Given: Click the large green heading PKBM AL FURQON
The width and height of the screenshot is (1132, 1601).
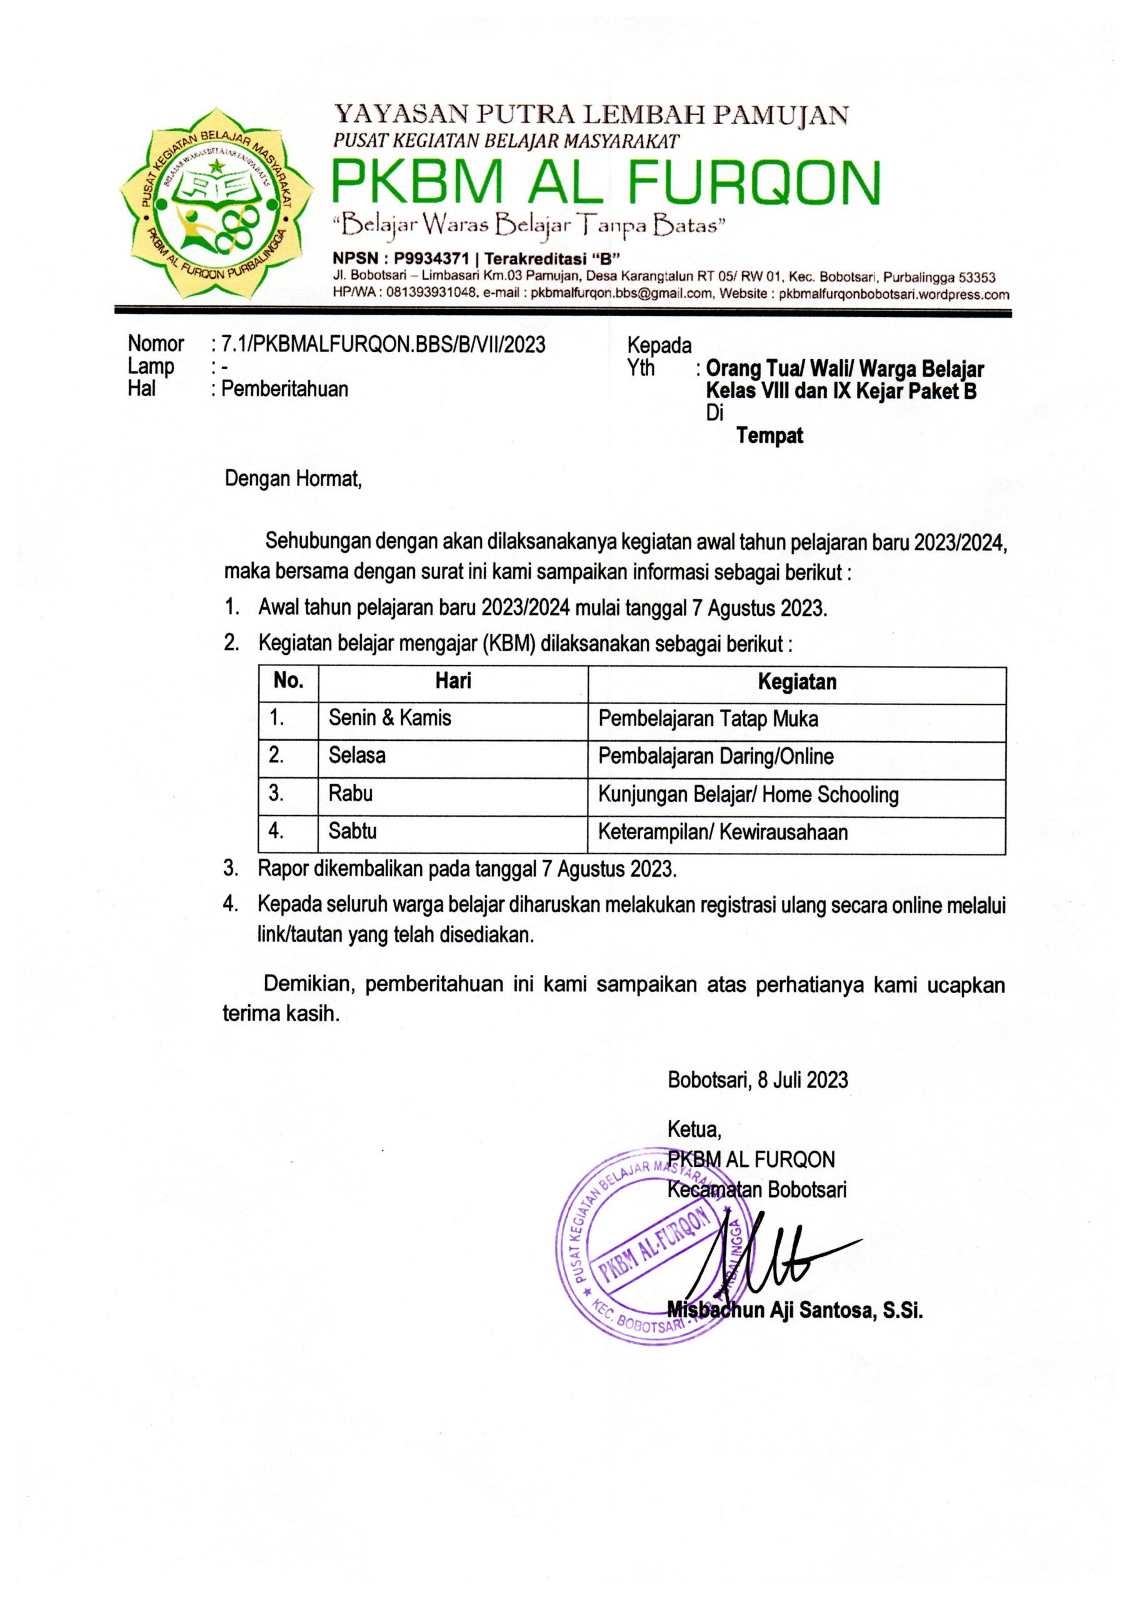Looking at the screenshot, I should pyautogui.click(x=605, y=182).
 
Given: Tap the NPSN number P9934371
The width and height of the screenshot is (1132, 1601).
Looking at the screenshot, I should pyautogui.click(x=434, y=259).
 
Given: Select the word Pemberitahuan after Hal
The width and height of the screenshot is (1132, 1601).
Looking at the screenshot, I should pyautogui.click(x=284, y=388).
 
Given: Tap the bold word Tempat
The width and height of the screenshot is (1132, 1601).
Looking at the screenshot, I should pyautogui.click(x=769, y=436).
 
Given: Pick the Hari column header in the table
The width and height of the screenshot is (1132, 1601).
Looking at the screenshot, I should pyautogui.click(x=453, y=680).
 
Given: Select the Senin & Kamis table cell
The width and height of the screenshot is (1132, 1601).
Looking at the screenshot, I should pyautogui.click(x=389, y=717).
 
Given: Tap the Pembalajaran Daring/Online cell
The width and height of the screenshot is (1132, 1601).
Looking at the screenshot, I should pyautogui.click(x=716, y=756).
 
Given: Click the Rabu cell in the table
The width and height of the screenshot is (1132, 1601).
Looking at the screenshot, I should pyautogui.click(x=351, y=794).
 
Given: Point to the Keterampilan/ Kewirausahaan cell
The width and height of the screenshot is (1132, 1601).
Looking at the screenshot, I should pyautogui.click(x=723, y=832).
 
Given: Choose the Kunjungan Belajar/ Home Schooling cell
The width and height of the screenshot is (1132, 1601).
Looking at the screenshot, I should pyautogui.click(x=748, y=794).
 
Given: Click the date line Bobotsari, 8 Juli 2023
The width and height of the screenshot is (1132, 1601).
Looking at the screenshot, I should pyautogui.click(x=758, y=1080).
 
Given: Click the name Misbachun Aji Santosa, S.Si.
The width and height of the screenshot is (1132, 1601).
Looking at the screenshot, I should pyautogui.click(x=794, y=1311).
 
